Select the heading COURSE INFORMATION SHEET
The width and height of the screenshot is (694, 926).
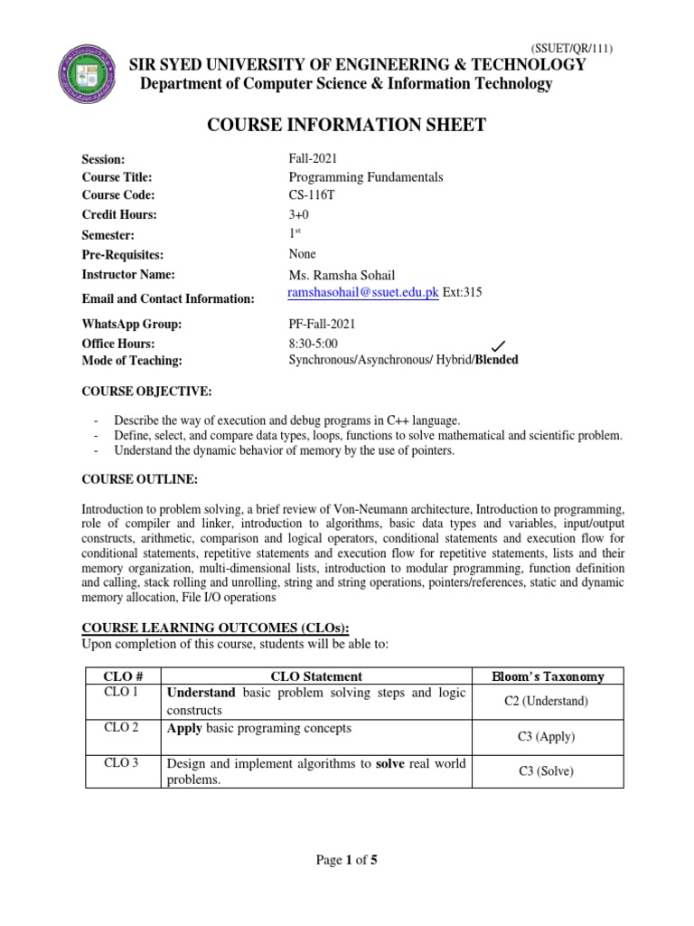pyautogui.click(x=347, y=125)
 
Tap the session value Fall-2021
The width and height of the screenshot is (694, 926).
pyautogui.click(x=313, y=158)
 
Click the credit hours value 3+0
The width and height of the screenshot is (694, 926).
pyautogui.click(x=300, y=214)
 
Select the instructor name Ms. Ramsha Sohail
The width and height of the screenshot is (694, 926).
pyautogui.click(x=342, y=275)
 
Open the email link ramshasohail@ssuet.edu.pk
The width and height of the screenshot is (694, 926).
pyautogui.click(x=362, y=293)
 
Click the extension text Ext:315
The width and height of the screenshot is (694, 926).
pyautogui.click(x=462, y=293)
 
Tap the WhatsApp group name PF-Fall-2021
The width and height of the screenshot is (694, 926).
pyautogui.click(x=322, y=324)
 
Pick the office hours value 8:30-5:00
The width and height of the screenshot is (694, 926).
pyautogui.click(x=314, y=344)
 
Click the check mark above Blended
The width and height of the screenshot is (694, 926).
pyautogui.click(x=496, y=345)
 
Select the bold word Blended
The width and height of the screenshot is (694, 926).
pyautogui.click(x=495, y=360)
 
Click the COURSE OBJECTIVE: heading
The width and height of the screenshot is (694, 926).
pyautogui.click(x=146, y=392)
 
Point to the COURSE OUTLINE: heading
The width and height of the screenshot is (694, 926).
pyautogui.click(x=139, y=478)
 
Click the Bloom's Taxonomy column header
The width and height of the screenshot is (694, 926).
pyautogui.click(x=548, y=676)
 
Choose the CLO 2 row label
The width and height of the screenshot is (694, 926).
pyautogui.click(x=121, y=728)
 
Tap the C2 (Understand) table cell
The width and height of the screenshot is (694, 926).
pyautogui.click(x=547, y=701)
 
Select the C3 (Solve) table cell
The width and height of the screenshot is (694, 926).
pyautogui.click(x=547, y=771)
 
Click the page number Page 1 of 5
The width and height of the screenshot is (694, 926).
pyautogui.click(x=347, y=860)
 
